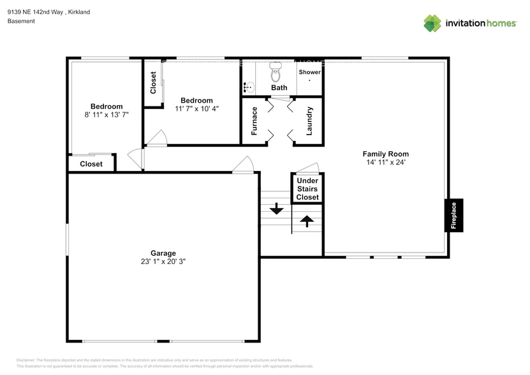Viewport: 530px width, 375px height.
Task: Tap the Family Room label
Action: [385, 154]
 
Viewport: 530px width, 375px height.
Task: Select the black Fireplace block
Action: [453, 215]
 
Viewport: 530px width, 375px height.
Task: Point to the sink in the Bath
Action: [248, 87]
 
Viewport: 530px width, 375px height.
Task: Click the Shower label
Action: [310, 72]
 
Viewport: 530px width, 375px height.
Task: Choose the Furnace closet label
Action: [254, 120]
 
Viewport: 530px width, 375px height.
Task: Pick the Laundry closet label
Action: [309, 120]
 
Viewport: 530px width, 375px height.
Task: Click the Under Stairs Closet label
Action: [307, 189]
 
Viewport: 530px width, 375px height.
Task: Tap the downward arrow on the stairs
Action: [277, 209]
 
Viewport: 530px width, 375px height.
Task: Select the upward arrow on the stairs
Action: [307, 221]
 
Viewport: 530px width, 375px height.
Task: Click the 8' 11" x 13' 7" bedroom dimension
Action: [106, 115]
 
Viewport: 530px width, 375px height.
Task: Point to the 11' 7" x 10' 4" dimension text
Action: [196, 109]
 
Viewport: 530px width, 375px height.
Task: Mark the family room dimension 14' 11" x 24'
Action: [385, 163]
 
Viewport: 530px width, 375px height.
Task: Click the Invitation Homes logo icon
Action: [432, 23]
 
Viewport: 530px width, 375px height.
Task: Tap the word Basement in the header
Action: [21, 21]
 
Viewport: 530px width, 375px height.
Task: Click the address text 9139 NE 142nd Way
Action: [36, 11]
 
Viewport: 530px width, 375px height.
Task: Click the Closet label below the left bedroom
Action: [91, 164]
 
